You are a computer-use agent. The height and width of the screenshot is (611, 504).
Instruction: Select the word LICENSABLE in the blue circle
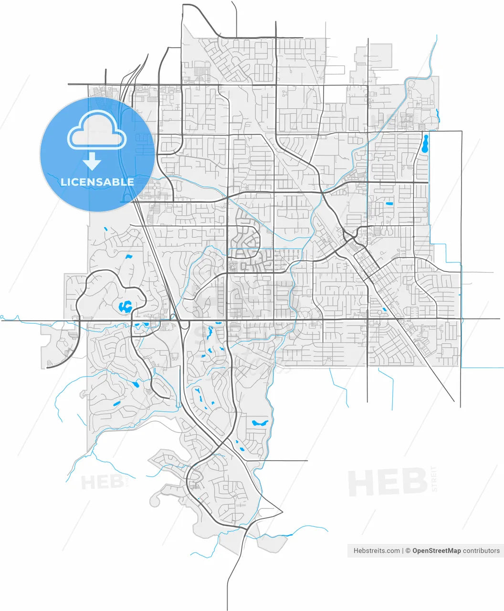[97, 182]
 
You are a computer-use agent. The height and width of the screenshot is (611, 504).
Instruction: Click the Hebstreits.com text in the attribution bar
[377, 550]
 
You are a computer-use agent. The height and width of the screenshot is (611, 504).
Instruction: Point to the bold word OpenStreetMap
[436, 550]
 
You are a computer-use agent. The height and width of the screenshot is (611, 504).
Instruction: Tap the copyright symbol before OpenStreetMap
[408, 550]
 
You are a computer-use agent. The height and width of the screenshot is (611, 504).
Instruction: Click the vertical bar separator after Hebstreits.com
[403, 550]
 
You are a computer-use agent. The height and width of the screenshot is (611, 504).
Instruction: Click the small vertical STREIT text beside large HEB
[433, 479]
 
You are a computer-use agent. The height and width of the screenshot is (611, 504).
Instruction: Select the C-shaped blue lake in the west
[126, 306]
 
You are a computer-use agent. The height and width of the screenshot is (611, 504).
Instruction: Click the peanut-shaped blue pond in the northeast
[425, 143]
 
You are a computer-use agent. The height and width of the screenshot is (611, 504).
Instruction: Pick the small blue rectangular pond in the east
[389, 204]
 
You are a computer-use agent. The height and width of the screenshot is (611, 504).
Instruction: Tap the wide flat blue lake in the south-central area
[260, 422]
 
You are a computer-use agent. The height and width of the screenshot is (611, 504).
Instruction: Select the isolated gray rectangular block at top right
[380, 55]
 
